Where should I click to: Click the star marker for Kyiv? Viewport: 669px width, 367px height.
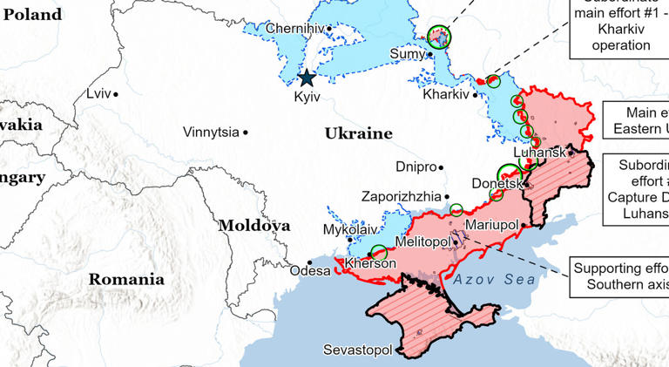tap(307, 78)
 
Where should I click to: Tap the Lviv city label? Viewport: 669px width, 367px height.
tap(98, 93)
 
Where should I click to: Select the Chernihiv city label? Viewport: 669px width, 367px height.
tap(294, 29)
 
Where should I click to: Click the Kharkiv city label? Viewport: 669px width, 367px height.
tap(445, 94)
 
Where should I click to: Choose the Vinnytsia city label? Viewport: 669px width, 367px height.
tap(210, 133)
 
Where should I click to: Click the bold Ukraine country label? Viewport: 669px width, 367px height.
tap(358, 133)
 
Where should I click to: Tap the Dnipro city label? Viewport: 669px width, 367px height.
tap(416, 166)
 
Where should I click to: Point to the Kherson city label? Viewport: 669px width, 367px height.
tap(371, 263)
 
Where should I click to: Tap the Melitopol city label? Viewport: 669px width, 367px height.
tap(422, 241)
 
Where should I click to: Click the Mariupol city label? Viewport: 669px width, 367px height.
tap(492, 225)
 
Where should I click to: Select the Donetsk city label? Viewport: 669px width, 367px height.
tap(496, 184)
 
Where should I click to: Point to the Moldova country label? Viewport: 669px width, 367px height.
tap(253, 225)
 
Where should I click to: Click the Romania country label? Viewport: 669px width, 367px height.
tap(125, 280)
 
